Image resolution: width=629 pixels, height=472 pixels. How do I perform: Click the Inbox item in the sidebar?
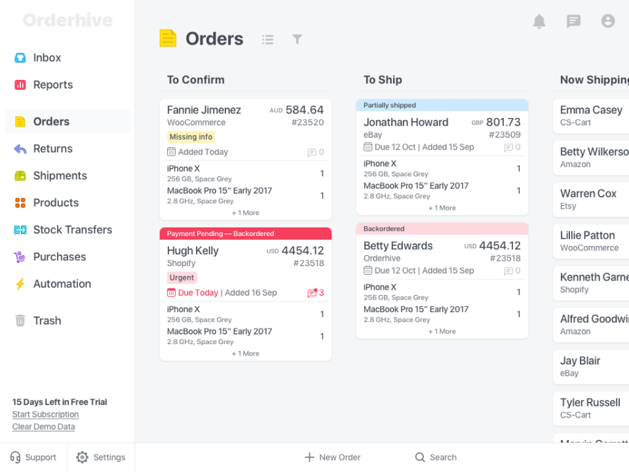coord(47,58)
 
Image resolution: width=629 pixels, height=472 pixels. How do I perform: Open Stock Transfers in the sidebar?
coord(72,229)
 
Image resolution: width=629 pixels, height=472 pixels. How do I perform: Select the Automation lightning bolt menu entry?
coord(62,284)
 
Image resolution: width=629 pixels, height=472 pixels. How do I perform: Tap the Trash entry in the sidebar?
coord(47,321)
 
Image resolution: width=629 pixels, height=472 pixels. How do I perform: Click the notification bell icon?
coord(539,22)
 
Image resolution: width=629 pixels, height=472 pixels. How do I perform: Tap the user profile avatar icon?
coord(608,21)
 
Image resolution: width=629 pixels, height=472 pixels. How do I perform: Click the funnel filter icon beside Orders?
coord(297,39)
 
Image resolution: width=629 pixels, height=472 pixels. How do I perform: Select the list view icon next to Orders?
coord(267,39)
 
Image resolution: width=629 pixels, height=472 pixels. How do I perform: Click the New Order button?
coord(332,458)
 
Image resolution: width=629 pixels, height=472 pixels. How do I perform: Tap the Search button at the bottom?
coord(436,458)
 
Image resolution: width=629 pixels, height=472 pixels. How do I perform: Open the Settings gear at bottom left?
coord(100,458)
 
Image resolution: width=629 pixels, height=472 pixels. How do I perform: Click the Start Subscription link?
coord(45,414)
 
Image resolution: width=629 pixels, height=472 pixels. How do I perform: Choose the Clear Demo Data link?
coord(43,427)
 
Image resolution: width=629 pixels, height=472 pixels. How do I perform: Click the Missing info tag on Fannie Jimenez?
coord(191,137)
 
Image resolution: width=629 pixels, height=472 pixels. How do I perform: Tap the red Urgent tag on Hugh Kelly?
coord(181,278)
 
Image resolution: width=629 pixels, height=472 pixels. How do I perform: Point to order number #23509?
coord(505,135)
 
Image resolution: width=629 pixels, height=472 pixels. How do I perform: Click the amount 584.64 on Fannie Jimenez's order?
coord(304,110)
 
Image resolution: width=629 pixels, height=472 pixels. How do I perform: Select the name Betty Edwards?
coord(398,246)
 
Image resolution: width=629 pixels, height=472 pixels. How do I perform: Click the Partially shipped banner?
coord(390,105)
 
